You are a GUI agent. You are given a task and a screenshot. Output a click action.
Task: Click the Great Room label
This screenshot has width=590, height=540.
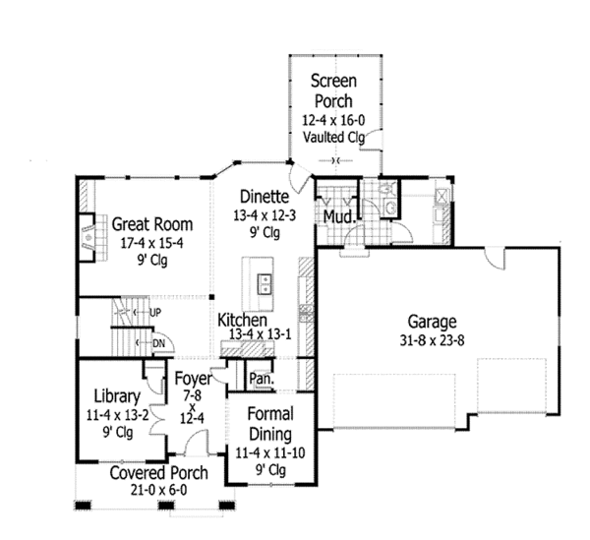[150, 222]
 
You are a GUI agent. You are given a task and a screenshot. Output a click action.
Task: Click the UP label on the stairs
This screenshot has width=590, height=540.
[154, 313]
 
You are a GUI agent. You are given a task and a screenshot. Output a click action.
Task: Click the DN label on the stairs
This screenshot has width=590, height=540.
[157, 342]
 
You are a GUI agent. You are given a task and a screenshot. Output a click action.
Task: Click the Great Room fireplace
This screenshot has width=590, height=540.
[89, 237]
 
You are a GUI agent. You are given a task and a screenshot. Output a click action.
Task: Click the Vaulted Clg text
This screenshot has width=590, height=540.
[333, 137]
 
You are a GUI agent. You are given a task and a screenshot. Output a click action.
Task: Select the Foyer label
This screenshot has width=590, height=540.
[192, 378]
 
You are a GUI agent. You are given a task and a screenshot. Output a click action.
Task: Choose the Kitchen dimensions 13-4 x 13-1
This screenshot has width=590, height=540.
[260, 335]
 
